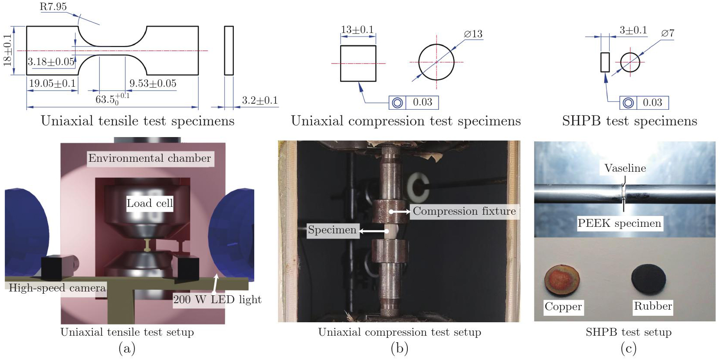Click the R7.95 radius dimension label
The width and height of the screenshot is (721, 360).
[53, 7]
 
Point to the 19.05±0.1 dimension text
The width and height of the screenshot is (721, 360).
[52, 84]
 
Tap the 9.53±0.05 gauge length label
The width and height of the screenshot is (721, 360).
[153, 84]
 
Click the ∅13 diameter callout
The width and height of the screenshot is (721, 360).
[473, 34]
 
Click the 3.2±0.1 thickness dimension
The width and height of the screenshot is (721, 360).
[260, 100]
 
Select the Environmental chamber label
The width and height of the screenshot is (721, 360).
[150, 158]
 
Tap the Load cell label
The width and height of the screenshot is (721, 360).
[150, 203]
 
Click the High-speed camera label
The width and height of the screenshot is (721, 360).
[57, 288]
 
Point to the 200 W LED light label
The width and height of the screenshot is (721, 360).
[217, 300]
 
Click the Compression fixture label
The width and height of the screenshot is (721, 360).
[464, 211]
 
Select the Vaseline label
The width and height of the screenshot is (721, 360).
[625, 168]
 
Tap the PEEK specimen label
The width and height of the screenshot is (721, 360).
[619, 223]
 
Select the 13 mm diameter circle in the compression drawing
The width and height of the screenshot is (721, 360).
[436, 44]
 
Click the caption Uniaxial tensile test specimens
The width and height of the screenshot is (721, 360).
[138, 121]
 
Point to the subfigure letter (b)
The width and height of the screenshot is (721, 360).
[400, 348]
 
